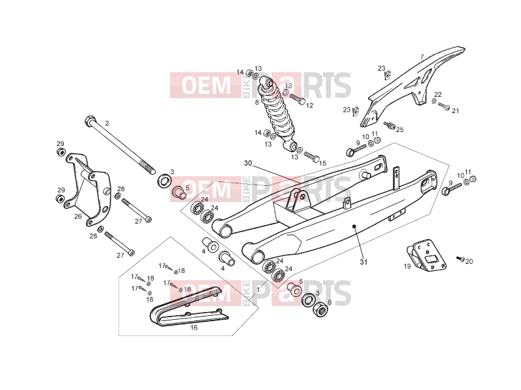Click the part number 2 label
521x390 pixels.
point(107,123)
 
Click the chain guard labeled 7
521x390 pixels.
point(412,86)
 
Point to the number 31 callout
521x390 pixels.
point(364,262)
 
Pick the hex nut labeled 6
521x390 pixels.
point(320,309)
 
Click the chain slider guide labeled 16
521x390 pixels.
point(189,305)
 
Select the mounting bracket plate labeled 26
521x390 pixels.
point(88,189)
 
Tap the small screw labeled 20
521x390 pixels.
point(460,258)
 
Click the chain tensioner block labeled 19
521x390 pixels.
point(427,253)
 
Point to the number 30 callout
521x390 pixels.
point(248,163)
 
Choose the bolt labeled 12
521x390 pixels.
point(298,99)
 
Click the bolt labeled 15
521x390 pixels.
point(311,156)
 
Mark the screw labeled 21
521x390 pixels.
point(444,106)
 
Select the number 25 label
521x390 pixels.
point(400,129)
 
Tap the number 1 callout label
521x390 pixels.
point(258,289)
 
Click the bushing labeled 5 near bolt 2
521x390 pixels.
point(178,192)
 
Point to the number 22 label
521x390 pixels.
point(438,94)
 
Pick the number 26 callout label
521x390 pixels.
point(77,216)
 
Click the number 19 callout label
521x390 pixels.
point(407,266)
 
